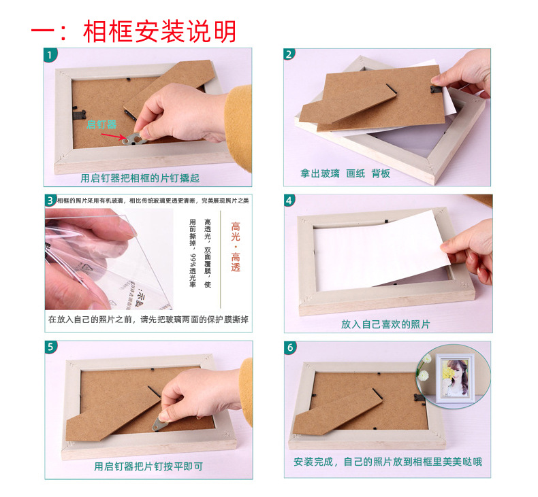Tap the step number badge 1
pos(50,54)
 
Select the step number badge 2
pos(290,54)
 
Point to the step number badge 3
pos(50,200)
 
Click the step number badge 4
pos(290,200)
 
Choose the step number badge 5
pos(50,347)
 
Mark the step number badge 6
pos(290,347)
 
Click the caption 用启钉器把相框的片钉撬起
pos(140,178)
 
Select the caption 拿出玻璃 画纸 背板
pos(345,174)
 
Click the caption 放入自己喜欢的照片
pos(385,324)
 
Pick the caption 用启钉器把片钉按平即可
pos(148,466)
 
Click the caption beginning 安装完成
pos(387,462)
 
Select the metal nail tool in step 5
pos(161,423)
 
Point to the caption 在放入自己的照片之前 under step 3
pos(148,320)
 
